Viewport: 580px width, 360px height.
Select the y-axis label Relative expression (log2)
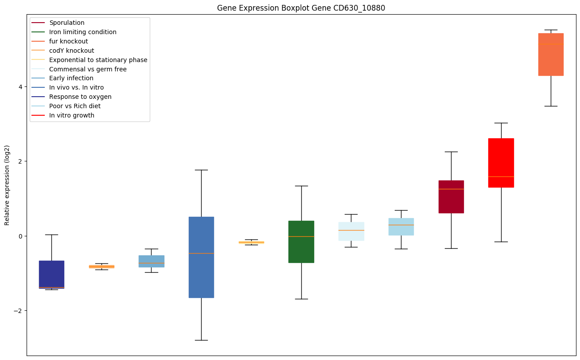pyautogui.click(x=7, y=185)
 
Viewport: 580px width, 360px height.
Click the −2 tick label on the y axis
pyautogui.click(x=19, y=311)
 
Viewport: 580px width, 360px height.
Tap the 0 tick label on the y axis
pyautogui.click(x=20, y=236)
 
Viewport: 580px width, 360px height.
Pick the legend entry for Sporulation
pyautogui.click(x=67, y=23)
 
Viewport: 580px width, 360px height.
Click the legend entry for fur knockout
pyautogui.click(x=69, y=41)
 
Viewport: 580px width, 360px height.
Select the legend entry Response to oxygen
pyautogui.click(x=80, y=97)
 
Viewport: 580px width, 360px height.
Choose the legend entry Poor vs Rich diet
pyautogui.click(x=75, y=106)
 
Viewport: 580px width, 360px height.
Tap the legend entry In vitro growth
pyautogui.click(x=72, y=115)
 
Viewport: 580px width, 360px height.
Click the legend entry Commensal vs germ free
pyautogui.click(x=88, y=69)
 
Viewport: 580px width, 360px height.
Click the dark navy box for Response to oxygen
pyautogui.click(x=51, y=274)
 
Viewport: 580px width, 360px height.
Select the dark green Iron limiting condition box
pyautogui.click(x=301, y=242)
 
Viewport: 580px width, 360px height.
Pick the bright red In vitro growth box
pyautogui.click(x=501, y=163)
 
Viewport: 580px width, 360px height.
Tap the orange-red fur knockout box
pyautogui.click(x=551, y=54)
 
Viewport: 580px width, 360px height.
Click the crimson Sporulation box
pyautogui.click(x=451, y=196)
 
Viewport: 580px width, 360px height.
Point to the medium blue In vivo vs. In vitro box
pyautogui.click(x=201, y=257)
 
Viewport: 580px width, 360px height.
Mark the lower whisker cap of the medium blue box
pyautogui.click(x=201, y=340)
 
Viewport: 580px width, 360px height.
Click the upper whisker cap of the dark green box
pyautogui.click(x=301, y=186)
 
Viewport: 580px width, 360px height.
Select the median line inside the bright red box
pyautogui.click(x=501, y=176)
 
